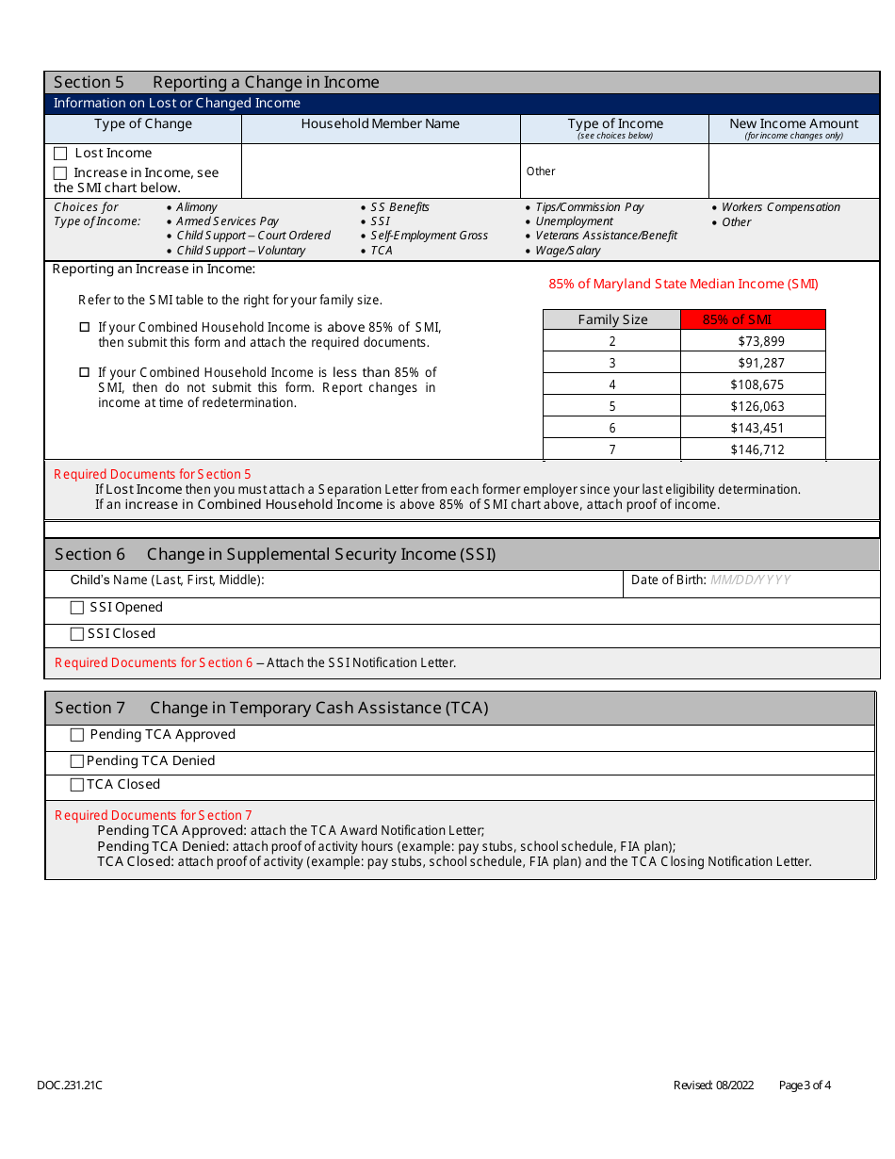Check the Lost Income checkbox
[x=61, y=154]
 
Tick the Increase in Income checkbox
[x=61, y=173]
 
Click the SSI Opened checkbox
[x=78, y=608]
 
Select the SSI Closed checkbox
[x=78, y=634]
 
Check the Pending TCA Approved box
[x=78, y=735]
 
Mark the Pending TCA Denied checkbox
[x=78, y=761]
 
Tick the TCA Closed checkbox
[x=78, y=785]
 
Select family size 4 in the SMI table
[x=612, y=385]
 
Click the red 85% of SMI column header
[x=753, y=319]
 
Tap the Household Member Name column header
[x=381, y=124]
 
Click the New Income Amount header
[x=794, y=124]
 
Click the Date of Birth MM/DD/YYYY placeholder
[x=750, y=580]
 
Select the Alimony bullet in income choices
[x=197, y=207]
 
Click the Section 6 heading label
[x=89, y=554]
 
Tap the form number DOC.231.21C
[x=70, y=1086]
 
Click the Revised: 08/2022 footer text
[x=713, y=1086]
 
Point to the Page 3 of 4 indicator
[x=805, y=1086]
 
